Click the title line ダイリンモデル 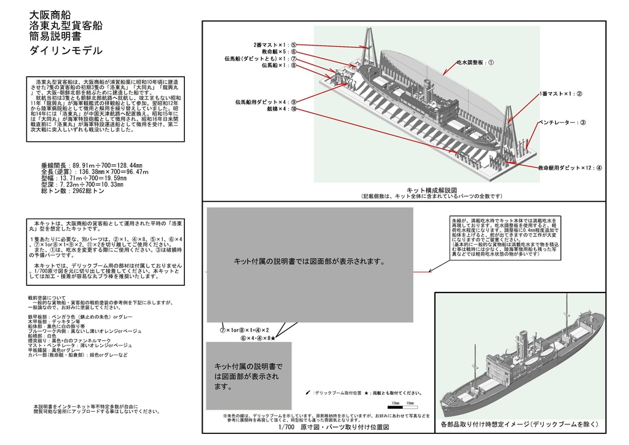click(x=66, y=51)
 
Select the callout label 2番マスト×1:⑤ click(x=275, y=45)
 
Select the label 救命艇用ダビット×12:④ click(x=569, y=167)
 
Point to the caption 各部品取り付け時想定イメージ click(x=519, y=425)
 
